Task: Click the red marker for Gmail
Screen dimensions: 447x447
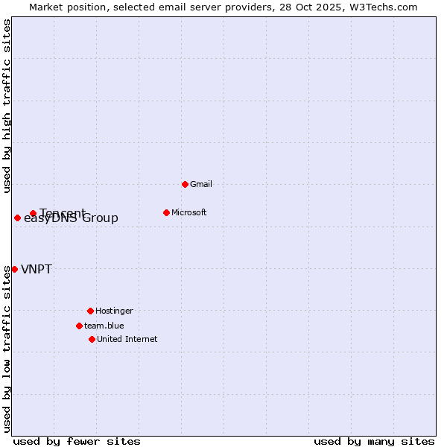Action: pos(185,184)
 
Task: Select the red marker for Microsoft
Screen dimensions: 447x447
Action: pos(166,212)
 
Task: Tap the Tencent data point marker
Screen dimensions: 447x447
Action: pos(33,213)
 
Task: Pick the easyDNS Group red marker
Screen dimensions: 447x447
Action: pos(17,218)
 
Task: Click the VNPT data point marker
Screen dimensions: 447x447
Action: pos(14,269)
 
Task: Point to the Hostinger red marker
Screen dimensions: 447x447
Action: pos(90,311)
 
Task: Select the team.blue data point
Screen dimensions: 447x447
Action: pos(79,326)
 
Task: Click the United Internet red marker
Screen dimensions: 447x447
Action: pos(92,339)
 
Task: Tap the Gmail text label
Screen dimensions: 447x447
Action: pos(201,184)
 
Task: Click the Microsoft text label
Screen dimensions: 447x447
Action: pos(189,212)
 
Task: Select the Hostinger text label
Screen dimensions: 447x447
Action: pos(114,311)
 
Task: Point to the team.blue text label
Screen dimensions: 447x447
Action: pos(104,326)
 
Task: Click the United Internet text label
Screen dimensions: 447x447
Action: pos(127,339)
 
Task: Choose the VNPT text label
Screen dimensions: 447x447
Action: pos(37,269)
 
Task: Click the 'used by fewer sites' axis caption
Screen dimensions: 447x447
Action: pos(77,441)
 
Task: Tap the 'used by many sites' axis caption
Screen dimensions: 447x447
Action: pos(374,441)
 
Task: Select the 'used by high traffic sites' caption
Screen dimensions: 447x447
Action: pos(7,106)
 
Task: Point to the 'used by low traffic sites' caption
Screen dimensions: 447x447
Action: pos(7,348)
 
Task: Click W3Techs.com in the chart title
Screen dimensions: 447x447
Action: pos(381,7)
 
